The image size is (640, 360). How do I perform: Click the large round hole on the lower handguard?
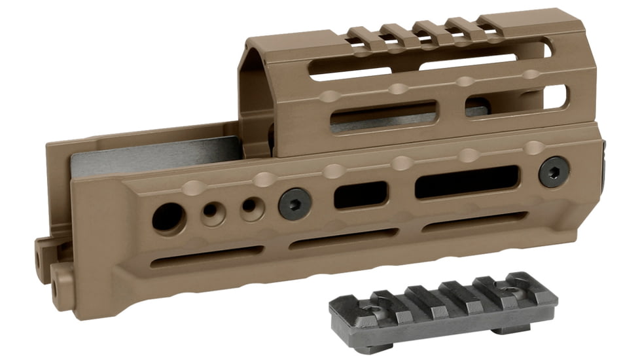pos(168,216)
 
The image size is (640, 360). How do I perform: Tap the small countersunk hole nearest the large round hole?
pos(211,211)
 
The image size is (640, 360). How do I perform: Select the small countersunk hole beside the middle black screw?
pos(249,207)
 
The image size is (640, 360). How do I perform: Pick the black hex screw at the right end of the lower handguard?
pos(553,171)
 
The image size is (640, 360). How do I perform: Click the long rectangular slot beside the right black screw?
pos(467,181)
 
